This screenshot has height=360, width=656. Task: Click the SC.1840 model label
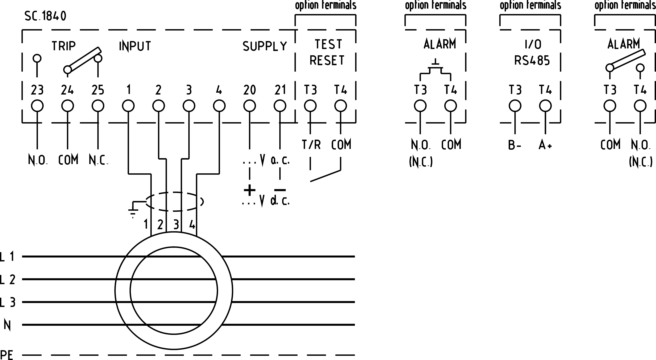coord(45,16)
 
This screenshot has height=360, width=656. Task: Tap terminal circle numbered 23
coord(37,106)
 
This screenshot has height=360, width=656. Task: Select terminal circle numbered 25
coord(98,106)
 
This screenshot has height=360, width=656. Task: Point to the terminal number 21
coord(280,90)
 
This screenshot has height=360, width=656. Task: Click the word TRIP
coord(64,46)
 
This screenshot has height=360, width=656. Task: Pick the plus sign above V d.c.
coord(250,190)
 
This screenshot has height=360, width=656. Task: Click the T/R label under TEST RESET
coord(311,145)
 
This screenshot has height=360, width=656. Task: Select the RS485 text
coord(532,61)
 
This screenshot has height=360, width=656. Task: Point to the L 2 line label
coord(8,279)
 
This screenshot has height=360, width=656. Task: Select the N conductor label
coord(7,325)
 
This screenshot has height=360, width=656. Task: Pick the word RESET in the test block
coord(327,61)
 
